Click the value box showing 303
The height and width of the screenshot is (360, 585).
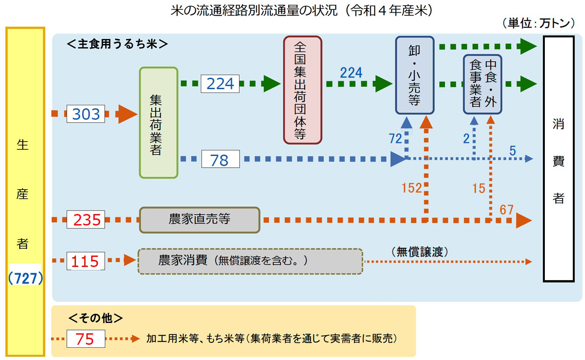(86, 114)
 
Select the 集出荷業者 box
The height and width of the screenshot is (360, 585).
(158, 123)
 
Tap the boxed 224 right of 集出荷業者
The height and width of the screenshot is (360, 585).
(220, 83)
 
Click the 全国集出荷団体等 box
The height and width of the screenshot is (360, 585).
(303, 90)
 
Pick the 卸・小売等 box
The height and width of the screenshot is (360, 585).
(415, 75)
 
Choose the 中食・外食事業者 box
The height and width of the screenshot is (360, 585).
(482, 84)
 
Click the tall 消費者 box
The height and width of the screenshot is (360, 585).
(558, 159)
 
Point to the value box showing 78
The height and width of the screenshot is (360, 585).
(220, 159)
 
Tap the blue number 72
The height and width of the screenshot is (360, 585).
(395, 139)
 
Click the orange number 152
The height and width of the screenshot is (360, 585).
(412, 188)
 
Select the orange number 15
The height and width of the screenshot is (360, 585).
(479, 188)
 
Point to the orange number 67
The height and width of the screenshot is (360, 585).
(506, 210)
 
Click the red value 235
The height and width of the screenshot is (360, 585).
(86, 220)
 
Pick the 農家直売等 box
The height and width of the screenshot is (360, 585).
(200, 219)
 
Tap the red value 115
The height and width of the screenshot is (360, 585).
(86, 261)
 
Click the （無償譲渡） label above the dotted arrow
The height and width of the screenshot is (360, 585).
(420, 252)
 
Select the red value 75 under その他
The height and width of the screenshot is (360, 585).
(86, 339)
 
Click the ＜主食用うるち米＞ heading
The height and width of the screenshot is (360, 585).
(117, 44)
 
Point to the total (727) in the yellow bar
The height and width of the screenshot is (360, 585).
(25, 279)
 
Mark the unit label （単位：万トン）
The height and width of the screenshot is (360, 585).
(538, 23)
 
